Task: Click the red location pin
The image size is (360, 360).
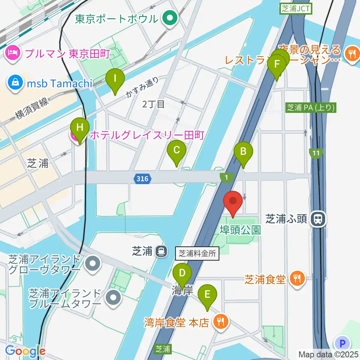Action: tap(233, 202)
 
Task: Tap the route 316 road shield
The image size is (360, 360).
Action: tap(142, 179)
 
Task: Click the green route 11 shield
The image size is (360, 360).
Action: tap(316, 153)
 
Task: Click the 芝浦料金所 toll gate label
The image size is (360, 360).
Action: tap(197, 253)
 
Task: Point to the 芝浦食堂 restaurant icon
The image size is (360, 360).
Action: tap(298, 279)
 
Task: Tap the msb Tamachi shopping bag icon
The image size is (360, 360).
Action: tap(16, 82)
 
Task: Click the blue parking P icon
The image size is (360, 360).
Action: tap(342, 343)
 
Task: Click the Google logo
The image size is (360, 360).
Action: tap(25, 351)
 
